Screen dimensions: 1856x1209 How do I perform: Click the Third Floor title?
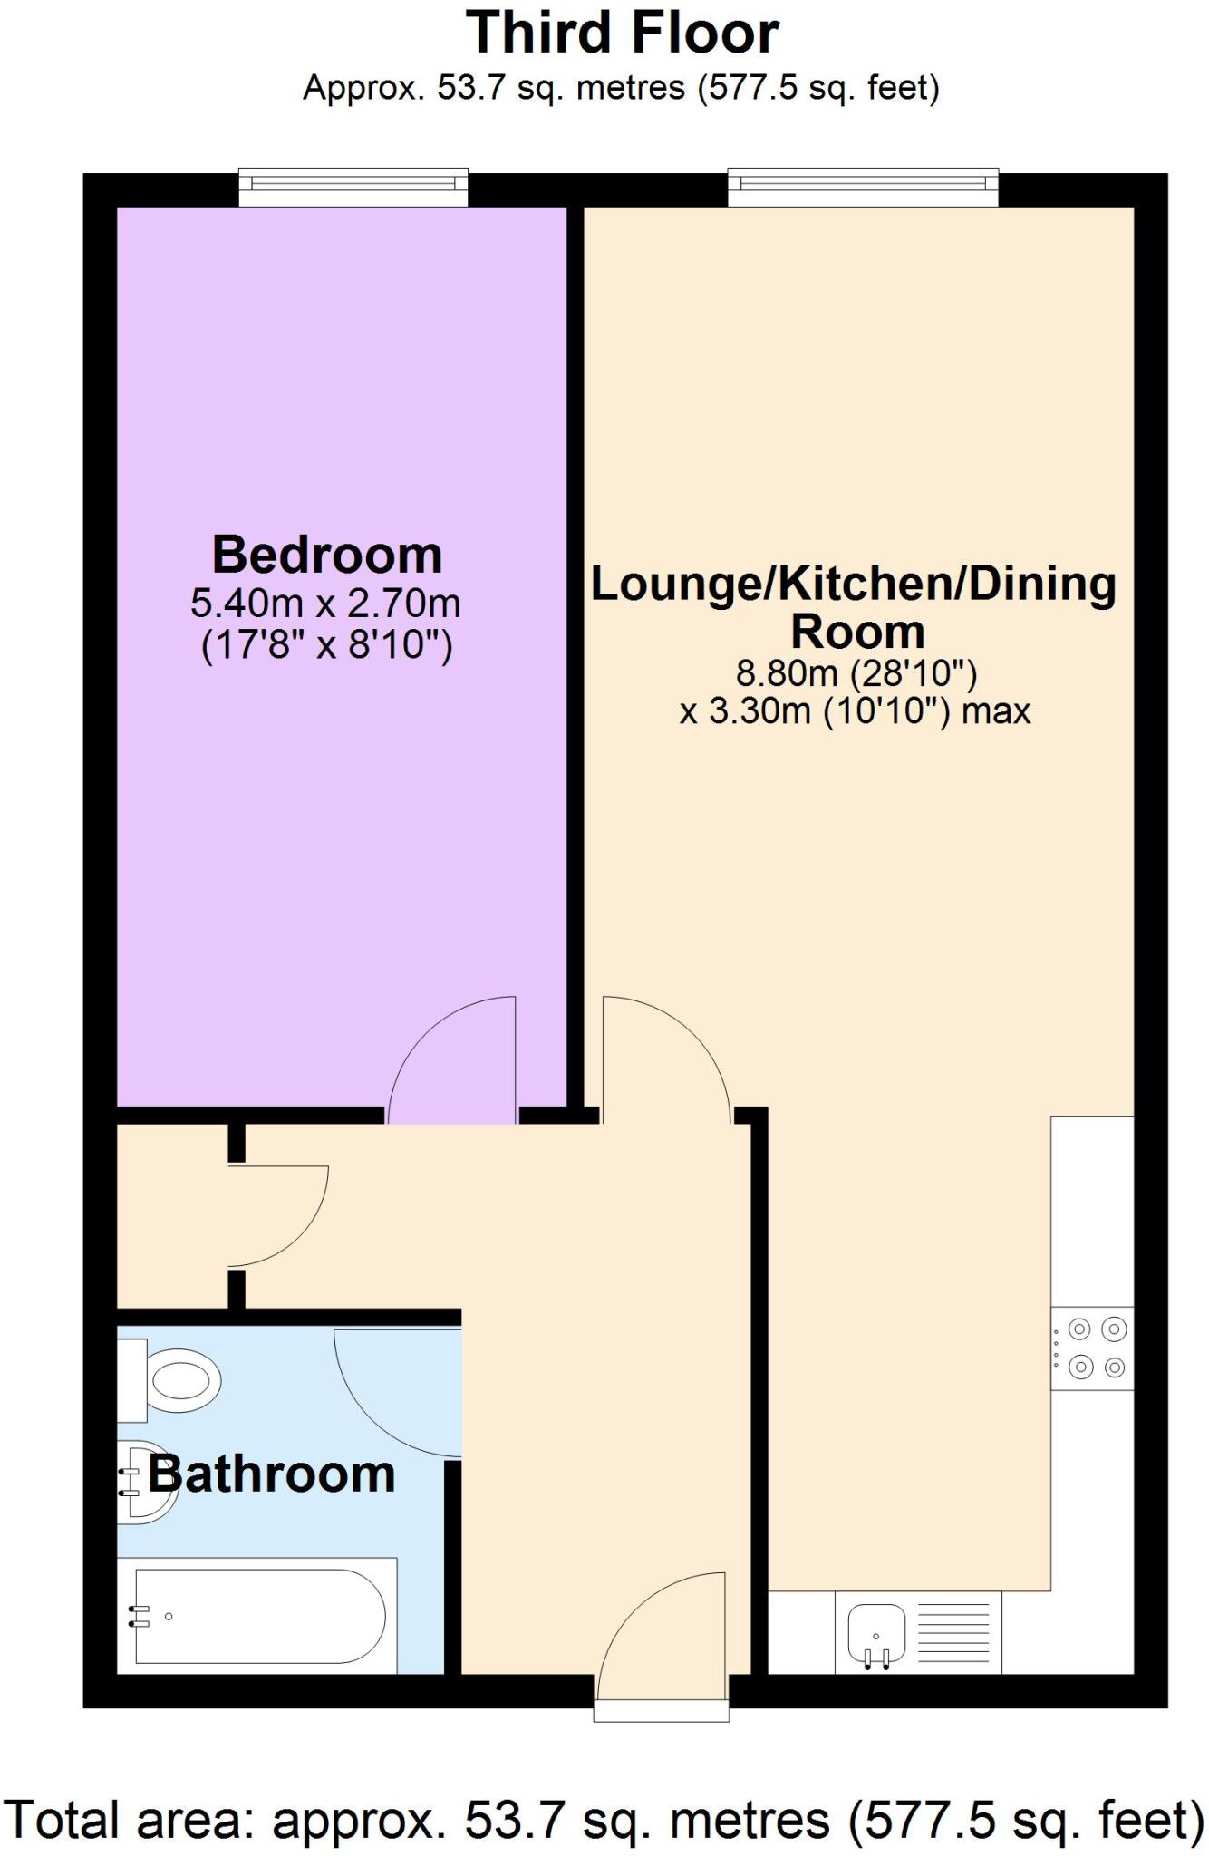click(622, 34)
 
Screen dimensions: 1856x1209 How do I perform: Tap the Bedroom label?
click(327, 555)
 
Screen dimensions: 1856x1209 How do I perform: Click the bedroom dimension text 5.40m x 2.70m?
click(325, 603)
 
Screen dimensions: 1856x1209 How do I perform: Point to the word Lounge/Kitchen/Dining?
click(853, 584)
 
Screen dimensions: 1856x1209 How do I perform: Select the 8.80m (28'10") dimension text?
click(856, 673)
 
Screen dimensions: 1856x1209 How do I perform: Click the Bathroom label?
click(272, 1474)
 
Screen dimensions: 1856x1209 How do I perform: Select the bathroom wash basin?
click(145, 1483)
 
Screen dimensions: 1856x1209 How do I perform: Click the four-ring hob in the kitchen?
click(1094, 1348)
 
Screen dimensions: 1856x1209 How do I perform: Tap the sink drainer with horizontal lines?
click(953, 1633)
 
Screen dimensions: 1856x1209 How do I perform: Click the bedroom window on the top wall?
click(353, 186)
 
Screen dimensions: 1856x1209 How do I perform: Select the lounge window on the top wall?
click(863, 186)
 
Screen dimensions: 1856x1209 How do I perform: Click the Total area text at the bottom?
click(604, 1819)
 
